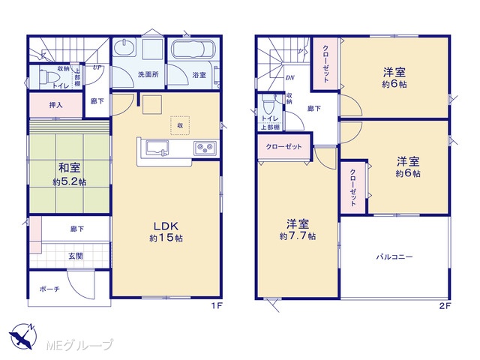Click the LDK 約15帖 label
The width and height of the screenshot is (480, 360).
coord(166,232)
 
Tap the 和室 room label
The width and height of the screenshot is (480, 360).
coord(70,168)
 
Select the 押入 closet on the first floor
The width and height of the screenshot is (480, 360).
coord(56,105)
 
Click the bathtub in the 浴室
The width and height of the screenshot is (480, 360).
coord(193,48)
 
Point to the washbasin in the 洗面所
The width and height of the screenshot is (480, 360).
coord(124,48)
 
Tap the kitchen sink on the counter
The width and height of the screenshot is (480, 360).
coord(157,148)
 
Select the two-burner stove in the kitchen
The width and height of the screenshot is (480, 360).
coord(205,148)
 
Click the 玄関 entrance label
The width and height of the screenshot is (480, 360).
coord(76,256)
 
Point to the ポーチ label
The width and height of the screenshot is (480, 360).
coord(49,289)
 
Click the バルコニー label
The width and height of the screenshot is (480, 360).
coord(394,256)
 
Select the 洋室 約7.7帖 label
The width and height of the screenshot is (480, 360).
coord(298,230)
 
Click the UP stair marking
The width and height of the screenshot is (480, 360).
coord(97,67)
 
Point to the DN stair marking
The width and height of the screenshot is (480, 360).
coord(290,78)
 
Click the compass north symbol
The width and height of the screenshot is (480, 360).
coord(23,336)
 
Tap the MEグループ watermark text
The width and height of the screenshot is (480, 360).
coord(79,345)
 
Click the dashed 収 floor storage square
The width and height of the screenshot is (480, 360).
coord(180,125)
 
